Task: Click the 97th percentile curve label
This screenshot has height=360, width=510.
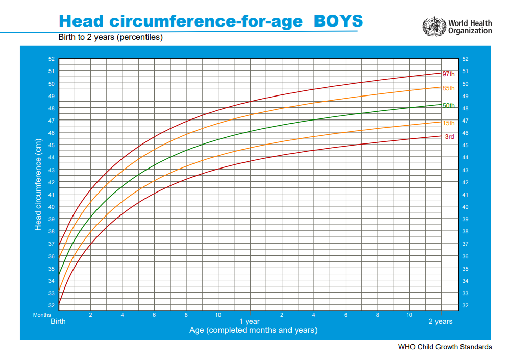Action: click(x=448, y=74)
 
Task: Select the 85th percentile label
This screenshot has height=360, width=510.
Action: click(x=448, y=88)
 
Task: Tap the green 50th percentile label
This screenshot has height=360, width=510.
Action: click(x=448, y=106)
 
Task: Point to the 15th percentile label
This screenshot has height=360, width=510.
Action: click(x=448, y=123)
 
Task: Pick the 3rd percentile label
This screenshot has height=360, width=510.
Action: click(x=449, y=137)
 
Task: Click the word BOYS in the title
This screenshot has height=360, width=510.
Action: click(x=338, y=21)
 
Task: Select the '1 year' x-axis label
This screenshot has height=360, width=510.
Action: click(x=250, y=322)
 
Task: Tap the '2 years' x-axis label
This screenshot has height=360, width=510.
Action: click(x=441, y=322)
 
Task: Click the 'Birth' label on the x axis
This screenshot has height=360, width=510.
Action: click(x=58, y=322)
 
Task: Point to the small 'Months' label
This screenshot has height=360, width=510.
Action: click(x=42, y=315)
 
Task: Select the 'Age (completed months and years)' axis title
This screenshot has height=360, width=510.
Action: click(x=253, y=330)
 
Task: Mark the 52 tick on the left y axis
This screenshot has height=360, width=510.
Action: click(x=51, y=59)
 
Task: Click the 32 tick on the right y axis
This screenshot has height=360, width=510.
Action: click(x=465, y=305)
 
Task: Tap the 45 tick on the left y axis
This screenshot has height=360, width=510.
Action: click(x=51, y=146)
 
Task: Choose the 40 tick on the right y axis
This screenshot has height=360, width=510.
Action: click(x=465, y=207)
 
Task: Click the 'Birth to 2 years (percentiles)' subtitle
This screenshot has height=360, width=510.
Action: click(x=110, y=37)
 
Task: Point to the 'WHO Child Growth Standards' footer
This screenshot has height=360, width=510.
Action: click(x=445, y=347)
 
